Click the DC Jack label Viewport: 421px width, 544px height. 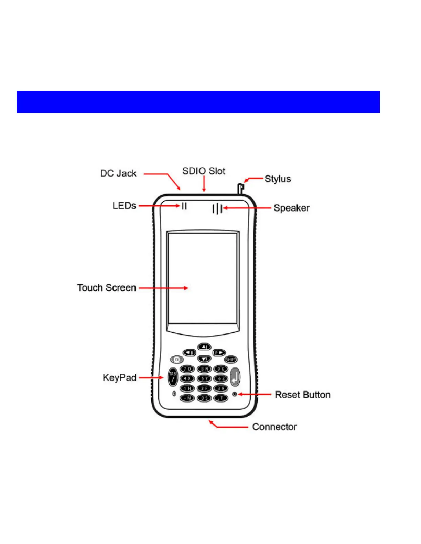[118, 173]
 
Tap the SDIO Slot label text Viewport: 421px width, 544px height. [204, 171]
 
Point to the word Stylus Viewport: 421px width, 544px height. [278, 179]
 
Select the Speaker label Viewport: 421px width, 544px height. [291, 208]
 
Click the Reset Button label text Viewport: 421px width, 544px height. [302, 395]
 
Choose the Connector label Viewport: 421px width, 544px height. [274, 427]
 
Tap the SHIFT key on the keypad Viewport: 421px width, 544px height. [230, 360]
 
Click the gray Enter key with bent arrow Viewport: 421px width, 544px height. [235, 377]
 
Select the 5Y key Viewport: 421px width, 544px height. [204, 378]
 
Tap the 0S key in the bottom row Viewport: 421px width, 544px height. [204, 398]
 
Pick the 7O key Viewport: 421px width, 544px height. [187, 369]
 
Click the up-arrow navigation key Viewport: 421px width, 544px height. [204, 347]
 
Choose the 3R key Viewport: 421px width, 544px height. [221, 388]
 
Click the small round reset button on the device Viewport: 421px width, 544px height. [235, 394]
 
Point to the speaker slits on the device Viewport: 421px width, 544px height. [217, 208]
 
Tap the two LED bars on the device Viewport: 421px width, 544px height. [184, 206]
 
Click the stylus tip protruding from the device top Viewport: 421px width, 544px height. [240, 188]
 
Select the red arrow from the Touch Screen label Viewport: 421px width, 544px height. [163, 288]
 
